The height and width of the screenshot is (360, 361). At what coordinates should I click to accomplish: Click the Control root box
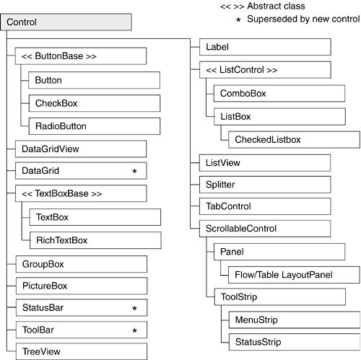[x=66, y=22]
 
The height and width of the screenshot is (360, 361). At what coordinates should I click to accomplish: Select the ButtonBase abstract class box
[x=81, y=56]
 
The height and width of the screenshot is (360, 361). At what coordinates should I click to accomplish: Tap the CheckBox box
[x=95, y=103]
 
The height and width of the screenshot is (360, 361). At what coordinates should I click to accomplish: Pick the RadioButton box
[x=95, y=126]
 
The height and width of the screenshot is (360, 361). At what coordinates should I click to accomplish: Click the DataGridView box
[x=81, y=149]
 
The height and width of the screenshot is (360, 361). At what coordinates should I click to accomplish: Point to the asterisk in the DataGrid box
[x=134, y=171]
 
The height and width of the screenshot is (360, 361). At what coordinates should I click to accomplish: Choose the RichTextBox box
[x=95, y=240]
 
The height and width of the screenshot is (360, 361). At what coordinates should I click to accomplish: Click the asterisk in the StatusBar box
[x=134, y=308]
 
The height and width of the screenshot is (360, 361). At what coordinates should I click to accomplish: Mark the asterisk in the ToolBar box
[x=134, y=330]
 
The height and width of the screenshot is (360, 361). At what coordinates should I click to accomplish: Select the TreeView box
[x=82, y=351]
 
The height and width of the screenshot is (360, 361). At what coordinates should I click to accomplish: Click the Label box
[x=265, y=47]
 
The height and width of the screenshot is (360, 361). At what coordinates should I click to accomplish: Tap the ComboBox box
[x=279, y=93]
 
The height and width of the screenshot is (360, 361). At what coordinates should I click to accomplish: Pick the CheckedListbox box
[x=294, y=139]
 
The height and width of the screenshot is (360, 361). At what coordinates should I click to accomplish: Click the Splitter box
[x=265, y=185]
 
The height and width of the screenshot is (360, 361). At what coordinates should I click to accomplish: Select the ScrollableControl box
[x=265, y=229]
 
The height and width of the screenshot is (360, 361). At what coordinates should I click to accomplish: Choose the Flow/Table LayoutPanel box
[x=294, y=275]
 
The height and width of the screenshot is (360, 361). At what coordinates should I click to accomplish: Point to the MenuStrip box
[x=295, y=320]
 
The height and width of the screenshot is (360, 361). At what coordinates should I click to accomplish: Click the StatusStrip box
[x=295, y=342]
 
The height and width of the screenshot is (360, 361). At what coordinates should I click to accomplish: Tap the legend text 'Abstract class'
[x=276, y=6]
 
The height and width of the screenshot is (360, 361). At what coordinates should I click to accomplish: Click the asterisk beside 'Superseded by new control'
[x=238, y=19]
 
